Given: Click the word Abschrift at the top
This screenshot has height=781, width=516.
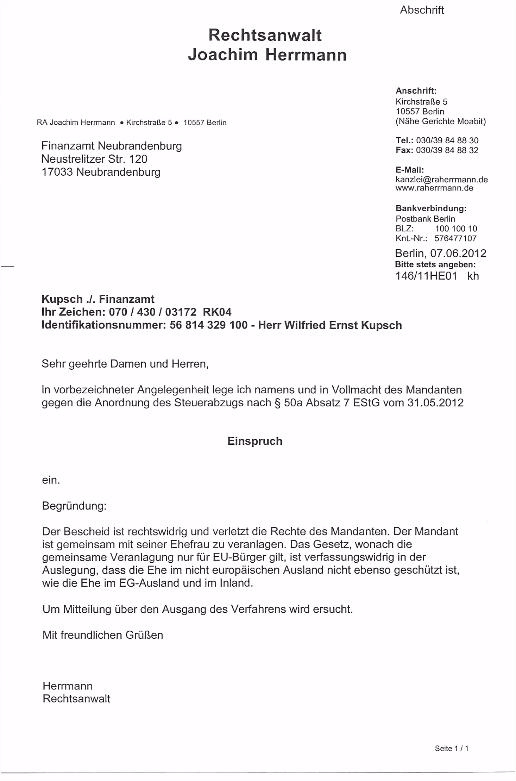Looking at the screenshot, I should [x=422, y=10].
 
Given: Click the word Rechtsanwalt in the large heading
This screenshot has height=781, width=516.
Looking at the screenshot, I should [x=265, y=35].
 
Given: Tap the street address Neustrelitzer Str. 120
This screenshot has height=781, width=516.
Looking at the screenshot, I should [x=94, y=159].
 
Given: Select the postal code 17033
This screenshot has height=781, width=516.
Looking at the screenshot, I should [x=57, y=172].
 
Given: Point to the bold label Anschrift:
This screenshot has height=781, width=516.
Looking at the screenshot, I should [x=416, y=91].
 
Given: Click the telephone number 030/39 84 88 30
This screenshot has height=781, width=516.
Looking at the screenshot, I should [x=447, y=140].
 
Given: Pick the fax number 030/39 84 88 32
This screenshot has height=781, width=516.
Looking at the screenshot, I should [x=447, y=150].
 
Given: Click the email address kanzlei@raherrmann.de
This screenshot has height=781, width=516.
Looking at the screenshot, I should [x=441, y=180].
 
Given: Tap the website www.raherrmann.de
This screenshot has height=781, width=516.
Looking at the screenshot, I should [x=434, y=188].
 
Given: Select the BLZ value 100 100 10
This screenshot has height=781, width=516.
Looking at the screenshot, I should [x=456, y=229].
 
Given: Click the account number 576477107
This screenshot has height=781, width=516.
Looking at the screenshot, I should [x=455, y=238].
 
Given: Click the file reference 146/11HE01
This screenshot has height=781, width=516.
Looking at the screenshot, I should [x=426, y=276].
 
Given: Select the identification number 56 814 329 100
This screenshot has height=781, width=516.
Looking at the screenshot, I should [x=208, y=325].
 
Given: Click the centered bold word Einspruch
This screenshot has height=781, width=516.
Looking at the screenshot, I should [x=255, y=441].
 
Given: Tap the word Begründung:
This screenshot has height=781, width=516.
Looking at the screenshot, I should [x=74, y=506].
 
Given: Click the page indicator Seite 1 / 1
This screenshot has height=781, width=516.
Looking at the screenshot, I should [x=451, y=748].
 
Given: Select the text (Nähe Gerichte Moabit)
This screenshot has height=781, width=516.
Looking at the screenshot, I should [x=440, y=121].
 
